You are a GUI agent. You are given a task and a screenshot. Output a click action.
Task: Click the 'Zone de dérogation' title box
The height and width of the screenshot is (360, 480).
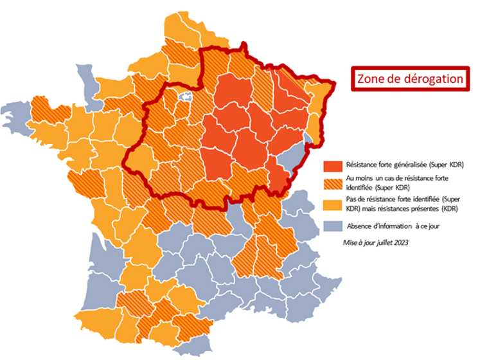(x=410, y=79)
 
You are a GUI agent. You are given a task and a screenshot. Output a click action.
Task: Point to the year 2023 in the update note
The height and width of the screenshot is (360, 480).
(x=401, y=242)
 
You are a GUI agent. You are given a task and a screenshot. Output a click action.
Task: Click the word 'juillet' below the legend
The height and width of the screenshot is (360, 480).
(x=384, y=242)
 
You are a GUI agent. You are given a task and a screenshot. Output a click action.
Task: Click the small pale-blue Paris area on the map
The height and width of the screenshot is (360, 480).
(x=186, y=98)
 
